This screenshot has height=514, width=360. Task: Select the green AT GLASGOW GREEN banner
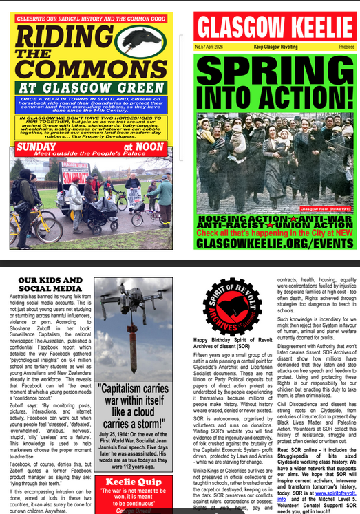(92, 87)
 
